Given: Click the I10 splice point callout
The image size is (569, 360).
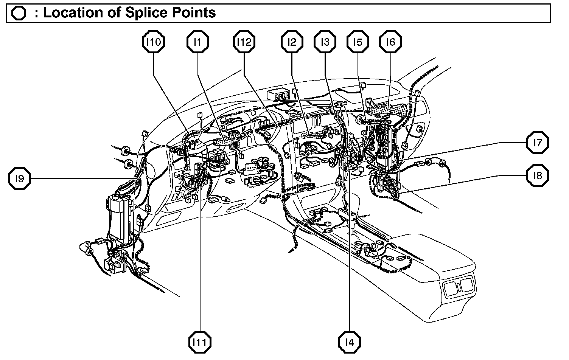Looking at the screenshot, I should [x=154, y=42].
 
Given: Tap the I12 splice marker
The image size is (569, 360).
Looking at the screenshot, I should [x=244, y=42].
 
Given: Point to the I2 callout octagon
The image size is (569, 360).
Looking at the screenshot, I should [x=292, y=42].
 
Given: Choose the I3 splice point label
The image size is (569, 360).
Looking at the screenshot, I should [x=325, y=42].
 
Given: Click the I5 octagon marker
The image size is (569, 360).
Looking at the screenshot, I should [x=358, y=42].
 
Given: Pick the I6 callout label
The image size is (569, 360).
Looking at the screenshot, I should [x=390, y=42].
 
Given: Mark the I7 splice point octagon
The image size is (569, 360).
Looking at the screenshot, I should [x=538, y=143].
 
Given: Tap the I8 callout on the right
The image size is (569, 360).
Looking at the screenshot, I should [x=538, y=175].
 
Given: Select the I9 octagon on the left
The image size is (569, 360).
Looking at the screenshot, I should [x=20, y=178].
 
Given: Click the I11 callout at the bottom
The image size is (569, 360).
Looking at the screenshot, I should [x=200, y=342].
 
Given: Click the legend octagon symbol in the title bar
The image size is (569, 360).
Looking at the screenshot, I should [x=19, y=13].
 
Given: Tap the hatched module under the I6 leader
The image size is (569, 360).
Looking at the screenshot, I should [x=390, y=110].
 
